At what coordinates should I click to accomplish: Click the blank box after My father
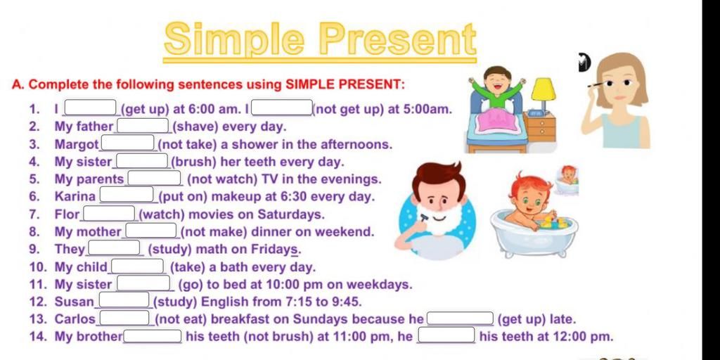(x=143, y=126)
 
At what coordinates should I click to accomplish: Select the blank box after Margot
(x=128, y=143)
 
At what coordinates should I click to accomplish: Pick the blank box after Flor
(x=109, y=214)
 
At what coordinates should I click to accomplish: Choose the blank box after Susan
(x=124, y=300)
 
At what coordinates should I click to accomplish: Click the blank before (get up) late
(x=460, y=319)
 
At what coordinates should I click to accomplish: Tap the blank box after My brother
(x=153, y=336)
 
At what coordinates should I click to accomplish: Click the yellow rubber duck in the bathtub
(x=548, y=223)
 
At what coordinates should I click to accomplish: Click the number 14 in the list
(x=38, y=337)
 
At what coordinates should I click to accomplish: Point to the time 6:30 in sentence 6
(x=293, y=197)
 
